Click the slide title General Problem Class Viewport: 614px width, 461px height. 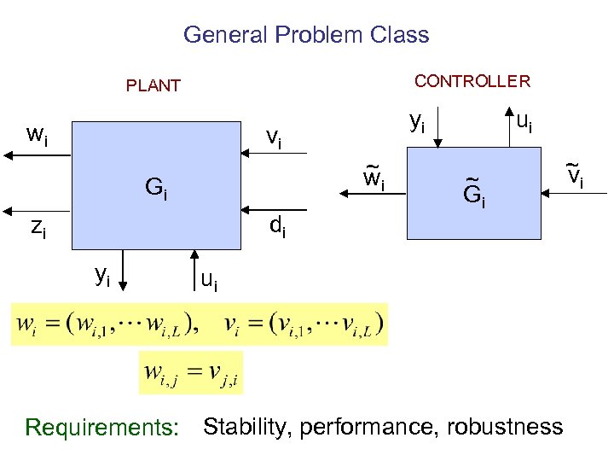(x=306, y=35)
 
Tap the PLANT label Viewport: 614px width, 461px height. (x=153, y=85)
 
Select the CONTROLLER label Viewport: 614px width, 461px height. (x=472, y=81)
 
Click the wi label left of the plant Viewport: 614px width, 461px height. (x=37, y=134)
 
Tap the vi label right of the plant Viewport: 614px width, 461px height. (x=275, y=137)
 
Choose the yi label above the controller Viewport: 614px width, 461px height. (x=417, y=122)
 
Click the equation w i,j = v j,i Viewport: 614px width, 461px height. (x=190, y=373)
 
